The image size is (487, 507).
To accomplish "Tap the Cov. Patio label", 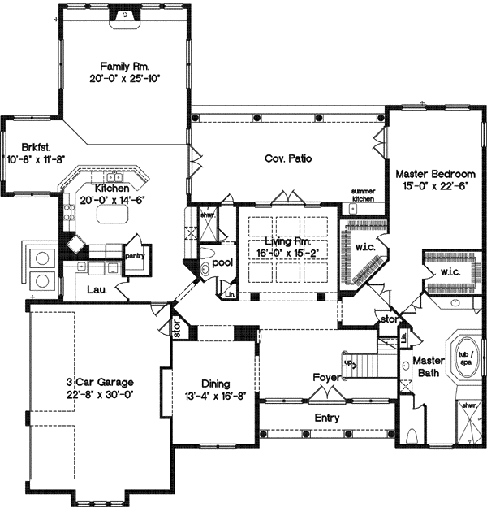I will pos(289,158).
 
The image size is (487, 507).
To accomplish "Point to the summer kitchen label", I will pos(363,195).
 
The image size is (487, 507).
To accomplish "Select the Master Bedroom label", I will pos(435,174).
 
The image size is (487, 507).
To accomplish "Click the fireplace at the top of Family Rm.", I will pos(124,14).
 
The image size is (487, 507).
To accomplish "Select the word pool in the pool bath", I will pos(223,263).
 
